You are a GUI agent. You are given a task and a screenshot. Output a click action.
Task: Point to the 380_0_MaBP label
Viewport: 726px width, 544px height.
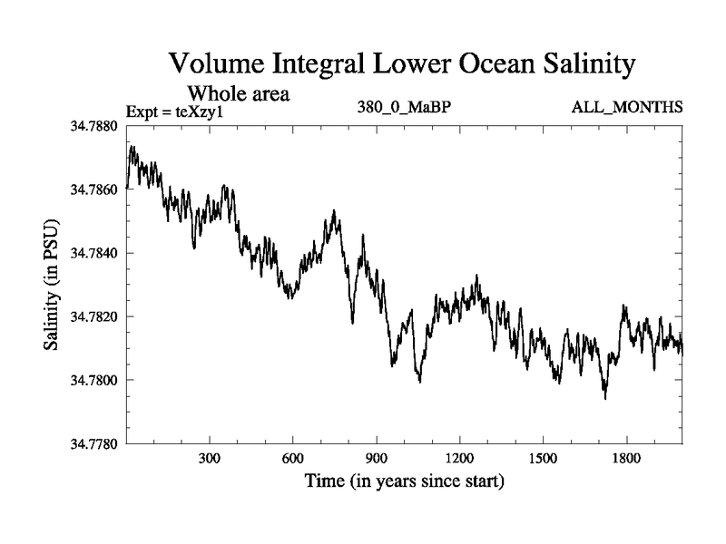tap(405, 107)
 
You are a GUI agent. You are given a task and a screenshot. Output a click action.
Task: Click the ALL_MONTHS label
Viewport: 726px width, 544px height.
tap(626, 107)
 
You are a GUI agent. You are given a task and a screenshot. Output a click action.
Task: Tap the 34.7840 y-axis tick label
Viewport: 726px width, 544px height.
tap(94, 253)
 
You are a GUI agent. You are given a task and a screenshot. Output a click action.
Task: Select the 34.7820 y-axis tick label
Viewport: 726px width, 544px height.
tap(94, 316)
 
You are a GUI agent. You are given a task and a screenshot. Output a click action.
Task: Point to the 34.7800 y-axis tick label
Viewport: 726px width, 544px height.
tap(94, 380)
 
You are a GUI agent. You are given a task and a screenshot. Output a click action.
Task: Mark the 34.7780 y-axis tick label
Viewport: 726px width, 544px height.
tap(94, 443)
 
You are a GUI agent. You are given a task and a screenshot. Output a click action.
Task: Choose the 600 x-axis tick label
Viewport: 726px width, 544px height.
tap(293, 459)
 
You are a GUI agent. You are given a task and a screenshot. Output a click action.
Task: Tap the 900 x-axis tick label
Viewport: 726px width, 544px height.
tap(377, 459)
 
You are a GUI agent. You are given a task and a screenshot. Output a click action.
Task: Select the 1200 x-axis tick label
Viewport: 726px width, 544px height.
tap(459, 459)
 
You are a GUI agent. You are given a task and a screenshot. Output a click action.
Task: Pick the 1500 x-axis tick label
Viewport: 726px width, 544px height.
tap(543, 459)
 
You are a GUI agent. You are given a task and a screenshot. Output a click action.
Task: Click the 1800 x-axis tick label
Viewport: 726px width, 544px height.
tap(626, 459)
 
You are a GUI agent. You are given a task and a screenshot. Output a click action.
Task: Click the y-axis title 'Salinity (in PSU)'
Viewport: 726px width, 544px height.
tap(52, 285)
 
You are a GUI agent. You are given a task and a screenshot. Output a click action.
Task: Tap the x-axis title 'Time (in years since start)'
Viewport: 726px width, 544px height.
tap(404, 481)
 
